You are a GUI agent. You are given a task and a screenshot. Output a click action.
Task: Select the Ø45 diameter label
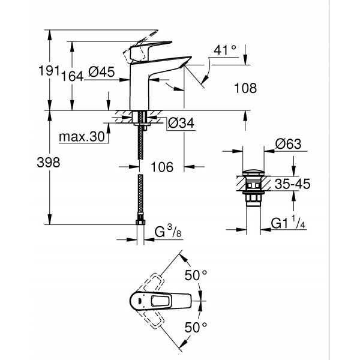[x=101, y=73]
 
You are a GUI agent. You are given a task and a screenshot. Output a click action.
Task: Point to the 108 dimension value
[x=245, y=88]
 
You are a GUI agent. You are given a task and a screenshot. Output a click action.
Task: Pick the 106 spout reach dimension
[x=161, y=168]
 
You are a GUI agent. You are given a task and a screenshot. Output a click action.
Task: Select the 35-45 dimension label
[x=291, y=185]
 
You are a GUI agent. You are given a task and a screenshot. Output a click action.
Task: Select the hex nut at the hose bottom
[x=141, y=224]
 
